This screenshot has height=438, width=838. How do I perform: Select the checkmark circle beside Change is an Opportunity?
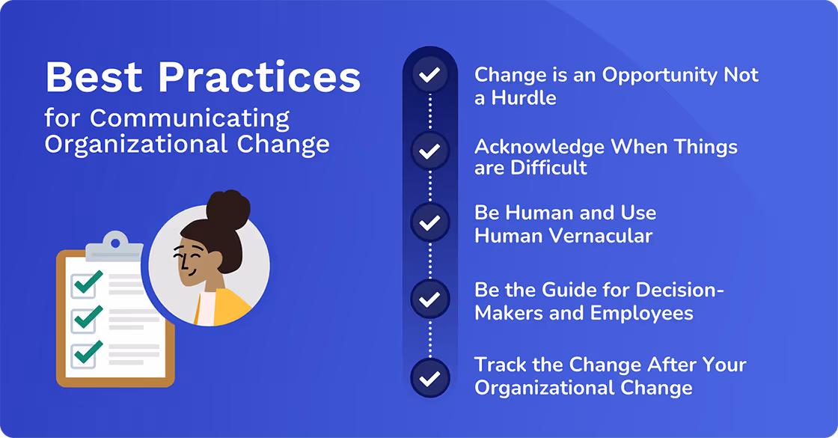(x=429, y=76)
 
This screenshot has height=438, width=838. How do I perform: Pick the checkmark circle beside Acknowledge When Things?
(x=429, y=151)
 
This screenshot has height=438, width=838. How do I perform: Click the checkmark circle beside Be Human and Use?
(x=429, y=222)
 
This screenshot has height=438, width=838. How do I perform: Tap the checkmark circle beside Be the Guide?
(x=429, y=299)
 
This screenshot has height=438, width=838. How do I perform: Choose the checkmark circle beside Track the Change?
(x=429, y=378)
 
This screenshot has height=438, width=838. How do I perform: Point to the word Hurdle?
(x=524, y=98)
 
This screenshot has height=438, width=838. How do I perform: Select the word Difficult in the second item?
(x=548, y=168)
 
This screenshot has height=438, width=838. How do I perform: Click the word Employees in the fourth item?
(x=641, y=313)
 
